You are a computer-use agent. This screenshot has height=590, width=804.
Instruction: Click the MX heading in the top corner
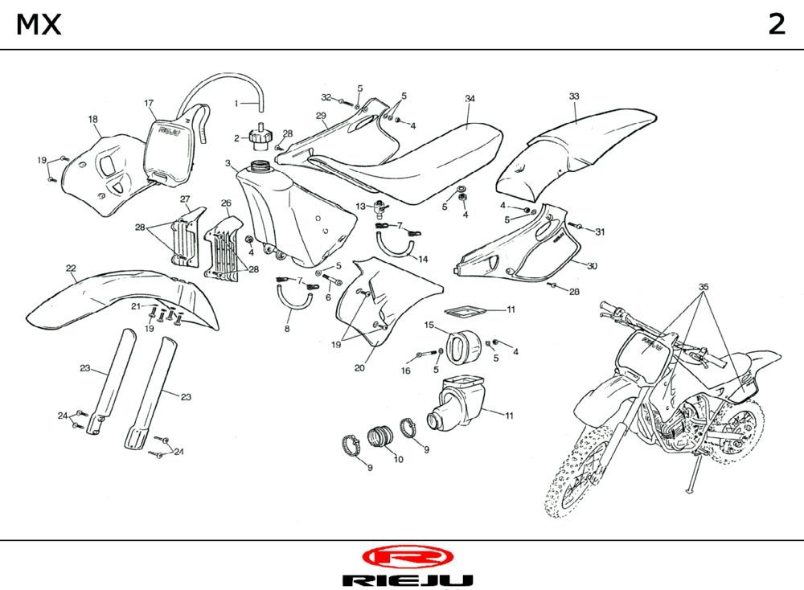click(39, 25)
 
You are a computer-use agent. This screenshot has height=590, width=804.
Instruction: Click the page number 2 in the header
click(776, 25)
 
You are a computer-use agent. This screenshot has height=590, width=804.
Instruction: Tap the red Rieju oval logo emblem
click(408, 556)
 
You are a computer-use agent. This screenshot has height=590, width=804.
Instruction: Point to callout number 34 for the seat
click(470, 99)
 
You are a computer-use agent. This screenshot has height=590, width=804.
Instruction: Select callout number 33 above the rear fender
click(574, 96)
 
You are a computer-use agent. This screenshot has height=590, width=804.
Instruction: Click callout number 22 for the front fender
click(71, 268)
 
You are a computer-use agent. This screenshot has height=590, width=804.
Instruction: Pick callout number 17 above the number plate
click(149, 104)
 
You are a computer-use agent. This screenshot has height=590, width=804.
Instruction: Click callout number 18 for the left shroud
click(93, 120)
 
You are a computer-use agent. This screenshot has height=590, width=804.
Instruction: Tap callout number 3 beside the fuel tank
click(228, 164)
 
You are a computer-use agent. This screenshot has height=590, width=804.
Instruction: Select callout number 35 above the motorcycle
click(703, 287)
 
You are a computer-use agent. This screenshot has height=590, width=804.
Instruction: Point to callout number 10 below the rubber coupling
click(398, 459)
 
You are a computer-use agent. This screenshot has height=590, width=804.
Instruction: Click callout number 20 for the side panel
click(359, 369)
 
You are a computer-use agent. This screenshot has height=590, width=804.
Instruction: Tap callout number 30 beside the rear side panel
click(592, 266)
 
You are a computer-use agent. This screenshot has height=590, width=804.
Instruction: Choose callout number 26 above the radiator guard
click(226, 203)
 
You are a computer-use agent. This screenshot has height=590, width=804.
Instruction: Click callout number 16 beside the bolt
click(406, 371)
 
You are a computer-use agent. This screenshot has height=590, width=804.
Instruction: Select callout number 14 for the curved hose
click(423, 260)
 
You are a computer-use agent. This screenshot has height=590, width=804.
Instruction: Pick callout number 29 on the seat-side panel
click(321, 116)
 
